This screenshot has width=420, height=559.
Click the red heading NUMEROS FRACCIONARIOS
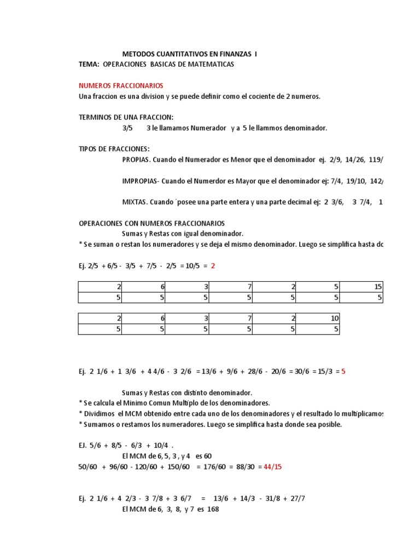coord(121,86)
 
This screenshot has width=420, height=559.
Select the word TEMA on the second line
coord(89,64)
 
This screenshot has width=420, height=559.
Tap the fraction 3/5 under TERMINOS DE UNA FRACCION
coord(127,128)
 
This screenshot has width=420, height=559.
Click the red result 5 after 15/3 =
coord(343,371)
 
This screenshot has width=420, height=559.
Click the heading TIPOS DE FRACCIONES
coord(114,149)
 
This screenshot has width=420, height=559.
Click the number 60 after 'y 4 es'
coord(207,456)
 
